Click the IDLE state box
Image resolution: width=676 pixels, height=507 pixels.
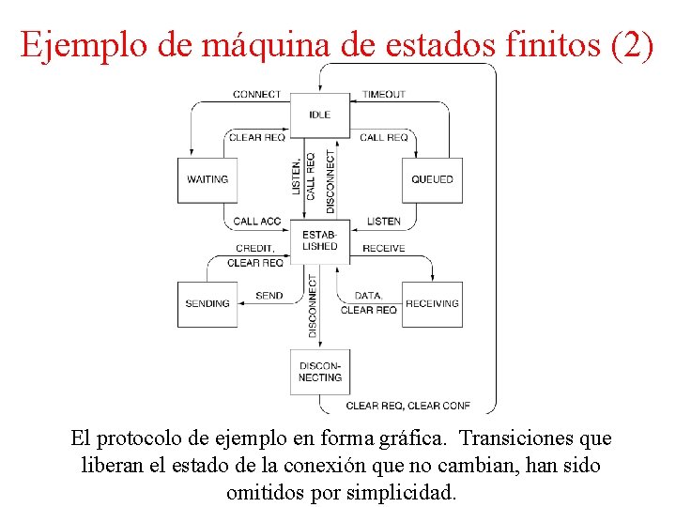pos(319,115)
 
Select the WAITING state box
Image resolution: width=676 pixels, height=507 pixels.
pos(207,179)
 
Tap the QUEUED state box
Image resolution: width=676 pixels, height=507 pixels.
pos(432,179)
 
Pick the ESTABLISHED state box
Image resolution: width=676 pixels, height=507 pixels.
pos(319,240)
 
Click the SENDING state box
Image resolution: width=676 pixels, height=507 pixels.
pos(207,303)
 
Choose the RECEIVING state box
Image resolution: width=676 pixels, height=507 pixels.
pos(432,303)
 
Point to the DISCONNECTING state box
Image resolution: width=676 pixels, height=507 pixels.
pos(319,372)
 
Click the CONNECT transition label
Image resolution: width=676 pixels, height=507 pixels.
pos(257,94)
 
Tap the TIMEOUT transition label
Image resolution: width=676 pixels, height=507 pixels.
pos(383,94)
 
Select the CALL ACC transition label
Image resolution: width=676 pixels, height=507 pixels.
pos(256,222)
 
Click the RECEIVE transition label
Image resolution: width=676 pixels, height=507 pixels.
pos(383,248)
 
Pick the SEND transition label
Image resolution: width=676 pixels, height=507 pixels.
pos(269,296)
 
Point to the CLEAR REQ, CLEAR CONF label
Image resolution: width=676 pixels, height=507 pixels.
pos(407,406)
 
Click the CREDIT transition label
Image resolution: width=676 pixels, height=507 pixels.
pos(254,249)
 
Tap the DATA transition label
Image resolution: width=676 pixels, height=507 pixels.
pos(368,296)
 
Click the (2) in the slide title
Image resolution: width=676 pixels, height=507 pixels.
pos(631,45)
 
